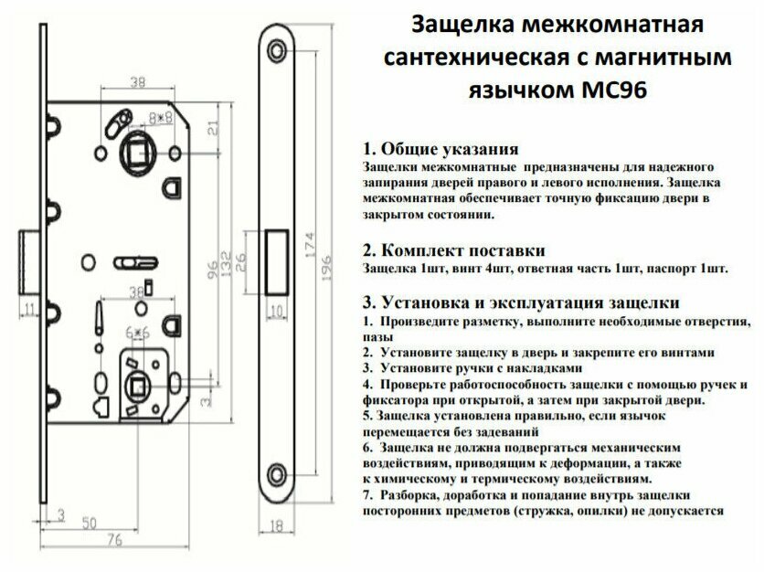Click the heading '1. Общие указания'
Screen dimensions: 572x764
tap(441, 149)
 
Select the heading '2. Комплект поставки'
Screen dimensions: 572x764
tap(454, 250)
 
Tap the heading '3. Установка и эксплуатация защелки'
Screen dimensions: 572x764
tap(520, 302)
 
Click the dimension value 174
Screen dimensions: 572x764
tap(311, 252)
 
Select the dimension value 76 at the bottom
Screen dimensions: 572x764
tap(114, 541)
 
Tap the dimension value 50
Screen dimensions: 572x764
tap(89, 523)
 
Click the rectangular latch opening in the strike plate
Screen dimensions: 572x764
tap(277, 260)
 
